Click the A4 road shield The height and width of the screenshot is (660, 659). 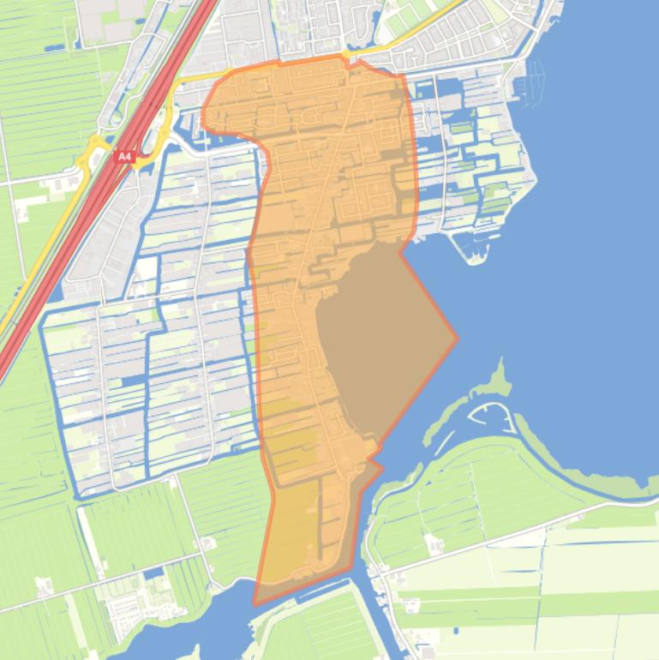click(125, 157)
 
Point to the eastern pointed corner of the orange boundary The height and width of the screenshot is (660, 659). click(457, 338)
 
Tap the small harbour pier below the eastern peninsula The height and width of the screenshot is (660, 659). click(470, 249)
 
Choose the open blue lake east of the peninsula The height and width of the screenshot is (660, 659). click(583, 257)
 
